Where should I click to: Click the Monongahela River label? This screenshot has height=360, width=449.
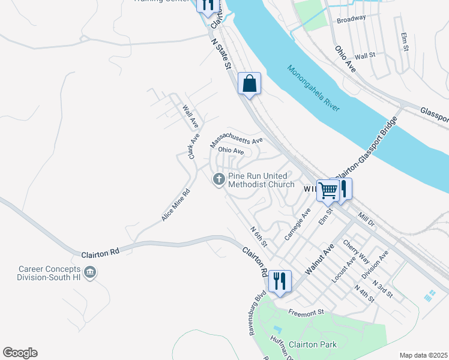(x=313, y=88)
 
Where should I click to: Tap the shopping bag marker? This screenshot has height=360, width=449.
(x=249, y=83)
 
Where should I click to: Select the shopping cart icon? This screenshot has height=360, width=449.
(x=328, y=190)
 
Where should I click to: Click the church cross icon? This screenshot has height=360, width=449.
(x=218, y=178)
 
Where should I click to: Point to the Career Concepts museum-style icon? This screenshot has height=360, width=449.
(x=89, y=273)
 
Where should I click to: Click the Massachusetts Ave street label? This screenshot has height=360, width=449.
(x=237, y=141)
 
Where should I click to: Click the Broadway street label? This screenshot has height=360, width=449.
(x=351, y=19)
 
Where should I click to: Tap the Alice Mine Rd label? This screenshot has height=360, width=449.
(x=175, y=205)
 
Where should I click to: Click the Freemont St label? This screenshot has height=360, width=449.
(x=306, y=312)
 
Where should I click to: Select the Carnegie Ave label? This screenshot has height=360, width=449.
(x=297, y=224)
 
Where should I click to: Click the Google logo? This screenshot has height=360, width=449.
(x=20, y=353)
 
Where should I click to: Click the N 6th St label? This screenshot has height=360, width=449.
(x=259, y=238)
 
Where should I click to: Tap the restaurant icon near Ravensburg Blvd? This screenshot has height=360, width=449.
(x=280, y=281)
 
